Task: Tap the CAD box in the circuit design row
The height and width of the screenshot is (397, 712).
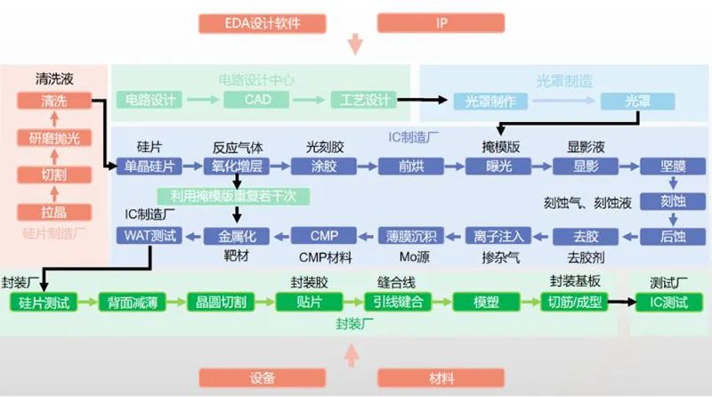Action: (x=258, y=100)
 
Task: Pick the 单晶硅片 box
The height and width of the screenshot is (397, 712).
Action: (x=149, y=166)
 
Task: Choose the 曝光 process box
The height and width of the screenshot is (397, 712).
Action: (x=492, y=166)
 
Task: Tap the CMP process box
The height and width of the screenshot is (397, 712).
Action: (x=324, y=236)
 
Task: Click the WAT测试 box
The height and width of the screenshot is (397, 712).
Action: (x=149, y=236)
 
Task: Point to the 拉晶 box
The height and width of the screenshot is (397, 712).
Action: (x=54, y=212)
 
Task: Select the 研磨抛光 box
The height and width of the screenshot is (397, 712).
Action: (x=54, y=138)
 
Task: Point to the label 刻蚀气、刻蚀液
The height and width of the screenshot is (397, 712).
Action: (x=587, y=203)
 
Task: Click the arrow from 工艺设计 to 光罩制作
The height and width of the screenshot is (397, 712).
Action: (x=424, y=100)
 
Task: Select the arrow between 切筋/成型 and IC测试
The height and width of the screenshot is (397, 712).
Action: (x=621, y=302)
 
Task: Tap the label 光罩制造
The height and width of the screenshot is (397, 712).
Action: (x=563, y=80)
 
